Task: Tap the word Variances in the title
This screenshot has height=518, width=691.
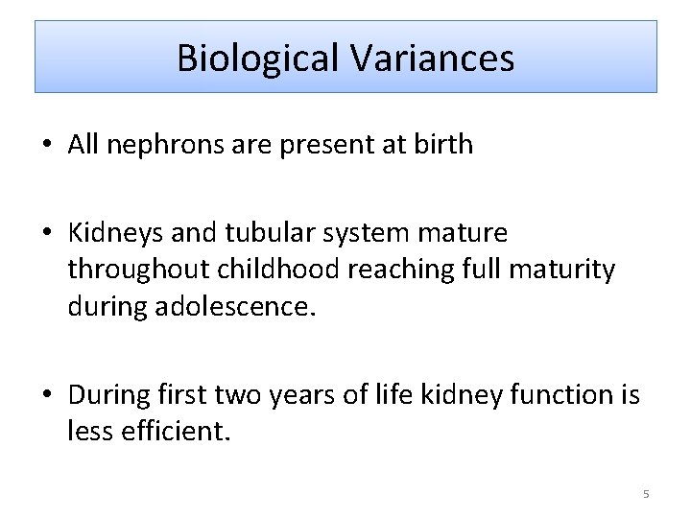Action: pyautogui.click(x=432, y=59)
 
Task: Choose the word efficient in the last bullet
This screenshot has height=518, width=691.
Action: pyautogui.click(x=177, y=431)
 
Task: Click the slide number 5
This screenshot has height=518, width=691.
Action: pyautogui.click(x=646, y=494)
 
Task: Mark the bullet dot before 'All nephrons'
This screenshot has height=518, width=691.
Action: pyautogui.click(x=47, y=146)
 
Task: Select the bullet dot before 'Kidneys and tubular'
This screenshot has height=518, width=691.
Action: pyautogui.click(x=47, y=233)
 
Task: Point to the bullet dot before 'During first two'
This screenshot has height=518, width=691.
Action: pyautogui.click(x=47, y=394)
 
